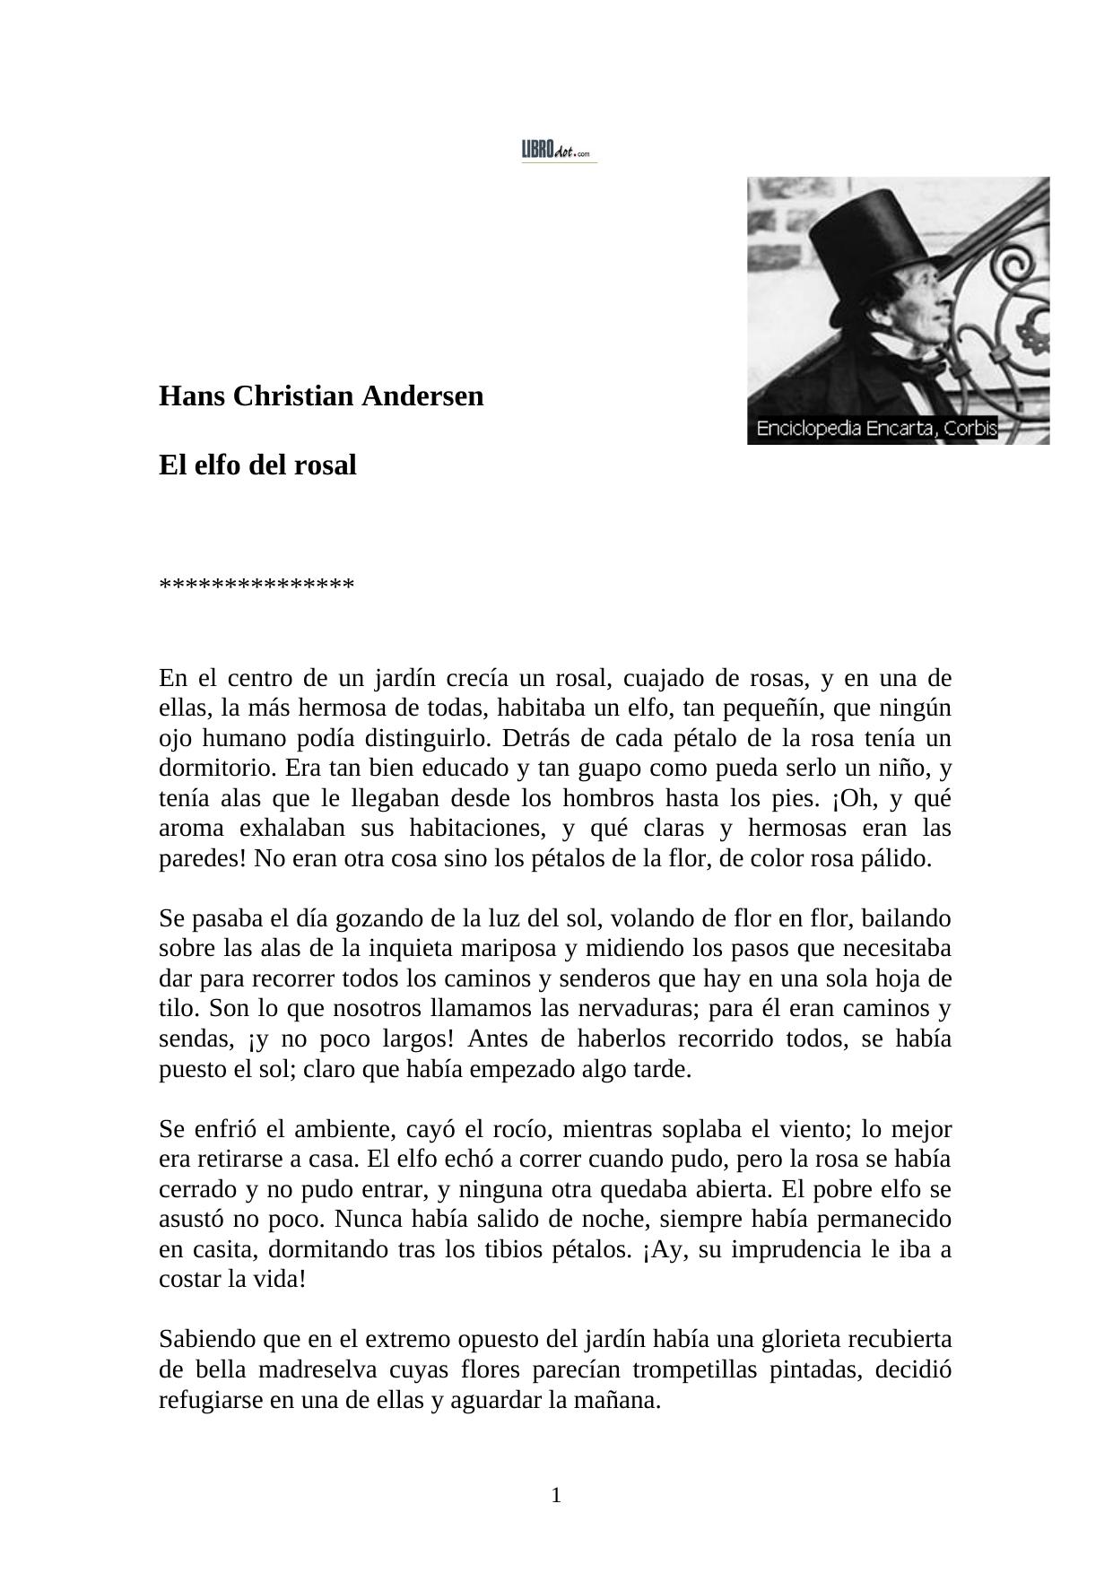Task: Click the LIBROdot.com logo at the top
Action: click(x=558, y=151)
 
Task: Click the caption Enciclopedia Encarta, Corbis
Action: click(x=876, y=429)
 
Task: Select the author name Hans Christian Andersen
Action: click(x=321, y=395)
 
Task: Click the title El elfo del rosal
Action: click(x=257, y=465)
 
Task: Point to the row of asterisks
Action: click(x=257, y=587)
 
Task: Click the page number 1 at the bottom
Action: click(x=556, y=1495)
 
